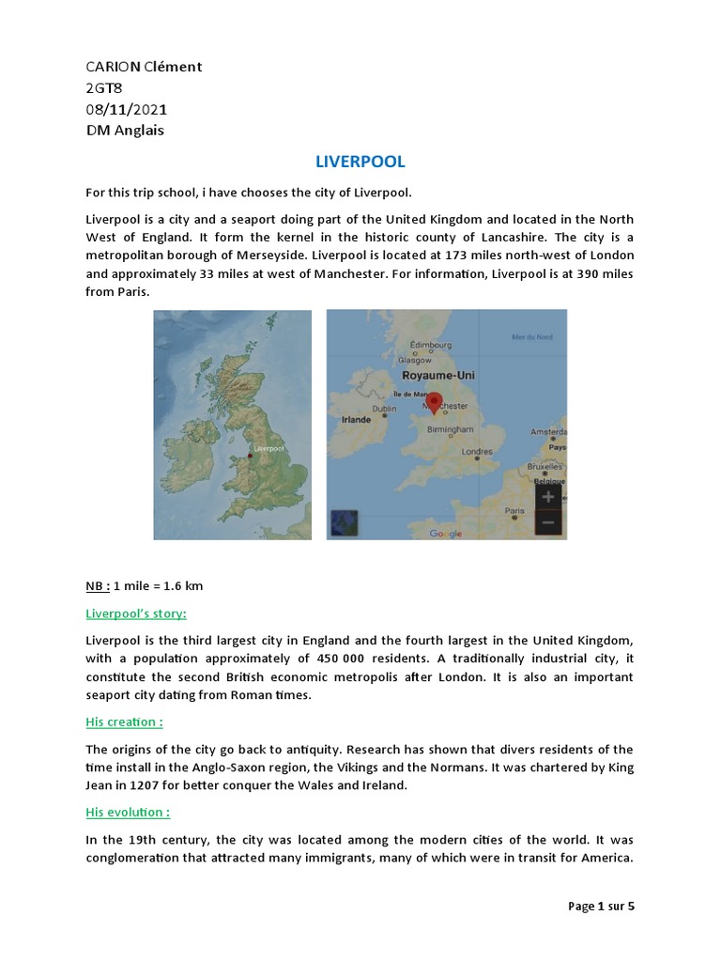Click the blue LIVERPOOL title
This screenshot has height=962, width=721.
(360, 162)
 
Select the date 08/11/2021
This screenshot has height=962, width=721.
(127, 109)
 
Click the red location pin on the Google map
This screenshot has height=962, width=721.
(433, 402)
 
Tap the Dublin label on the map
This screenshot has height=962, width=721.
(384, 409)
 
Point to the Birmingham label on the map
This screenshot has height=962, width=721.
(451, 428)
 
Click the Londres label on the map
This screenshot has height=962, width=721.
(477, 452)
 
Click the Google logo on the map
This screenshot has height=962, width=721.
(446, 534)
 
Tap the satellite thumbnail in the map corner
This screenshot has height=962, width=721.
(344, 522)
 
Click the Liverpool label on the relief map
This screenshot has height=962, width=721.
(268, 449)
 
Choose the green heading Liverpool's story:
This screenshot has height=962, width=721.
(136, 613)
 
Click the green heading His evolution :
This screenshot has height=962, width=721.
(128, 812)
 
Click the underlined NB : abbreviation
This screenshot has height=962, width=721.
(97, 586)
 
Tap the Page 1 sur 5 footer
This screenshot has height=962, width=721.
(601, 907)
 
